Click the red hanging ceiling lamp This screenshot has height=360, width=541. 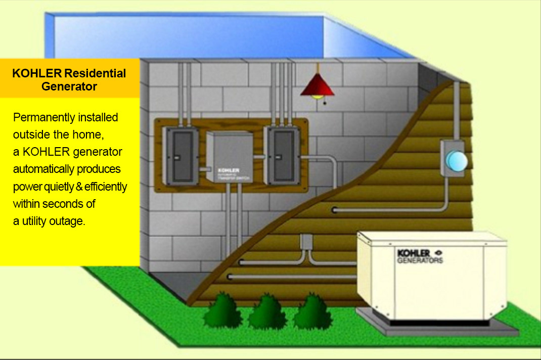317,86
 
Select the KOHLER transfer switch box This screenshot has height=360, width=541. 229,157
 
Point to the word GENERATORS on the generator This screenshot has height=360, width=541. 420,261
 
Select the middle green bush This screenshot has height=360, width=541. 267,312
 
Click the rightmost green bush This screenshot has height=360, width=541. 312,312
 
